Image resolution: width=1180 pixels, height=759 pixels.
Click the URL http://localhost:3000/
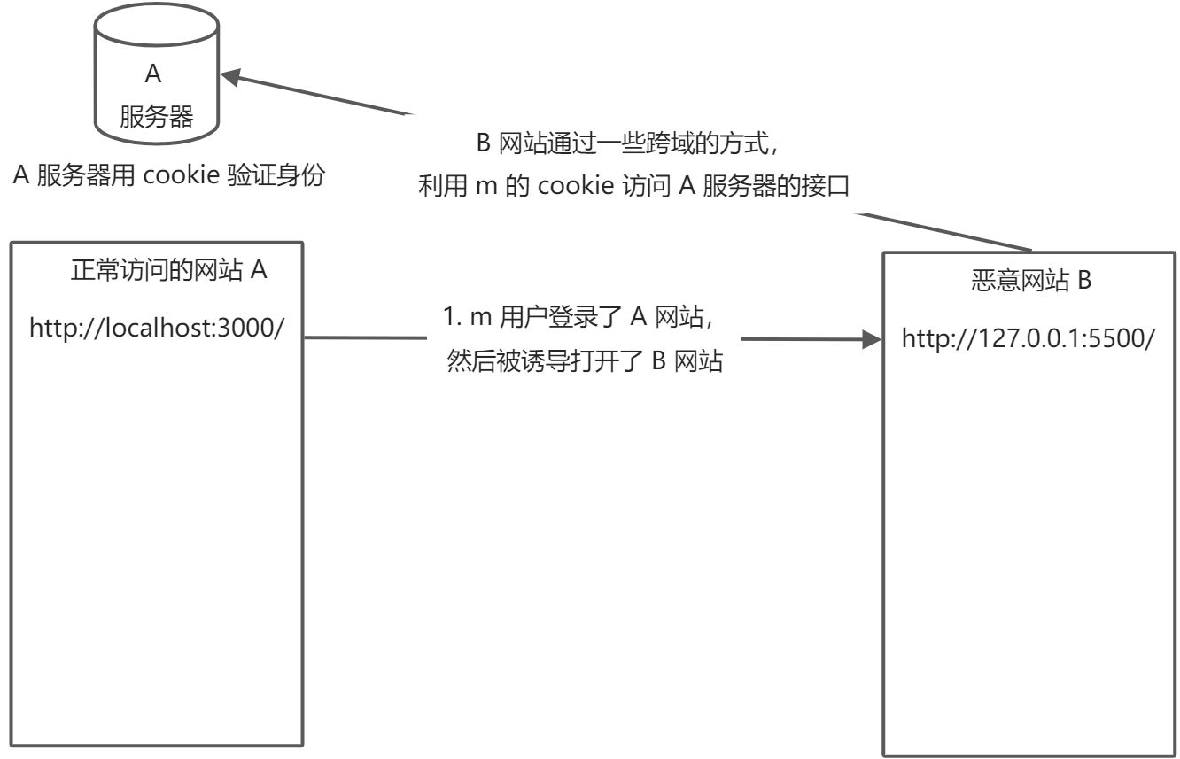157,329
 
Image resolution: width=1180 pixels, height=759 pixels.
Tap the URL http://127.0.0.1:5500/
1029,338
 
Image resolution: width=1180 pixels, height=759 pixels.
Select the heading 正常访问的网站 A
168,271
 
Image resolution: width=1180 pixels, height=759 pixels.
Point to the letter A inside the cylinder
152,74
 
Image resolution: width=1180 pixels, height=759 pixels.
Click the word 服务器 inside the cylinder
156,116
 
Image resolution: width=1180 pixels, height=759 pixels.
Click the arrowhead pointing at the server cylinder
232,78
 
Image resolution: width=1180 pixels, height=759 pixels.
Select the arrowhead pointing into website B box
872,339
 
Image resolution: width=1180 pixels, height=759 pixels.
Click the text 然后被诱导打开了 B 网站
585,363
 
